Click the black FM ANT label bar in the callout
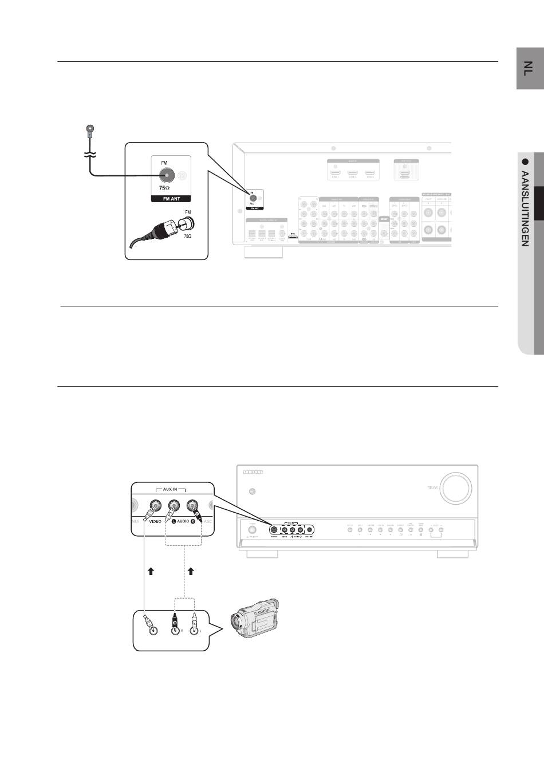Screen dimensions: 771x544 point(171,199)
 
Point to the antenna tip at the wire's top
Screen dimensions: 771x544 point(89,130)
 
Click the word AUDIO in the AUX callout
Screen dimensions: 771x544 point(183,522)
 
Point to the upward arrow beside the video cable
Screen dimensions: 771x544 point(151,571)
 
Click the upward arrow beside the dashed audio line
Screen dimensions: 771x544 point(191,571)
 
